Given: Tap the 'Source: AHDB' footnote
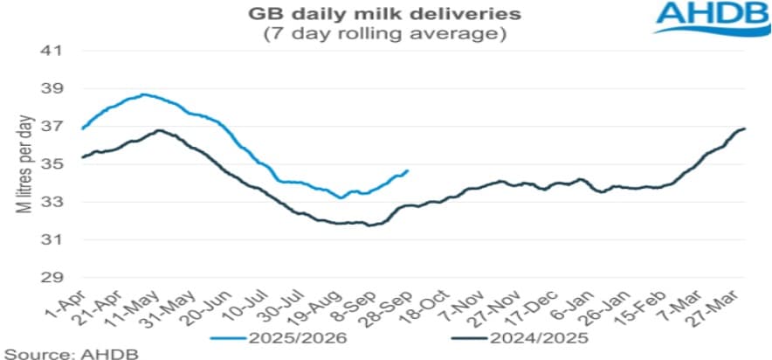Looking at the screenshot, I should click(47, 351).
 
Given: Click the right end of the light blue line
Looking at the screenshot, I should click(408, 170).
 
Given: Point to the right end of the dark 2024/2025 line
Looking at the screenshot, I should click(744, 129).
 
